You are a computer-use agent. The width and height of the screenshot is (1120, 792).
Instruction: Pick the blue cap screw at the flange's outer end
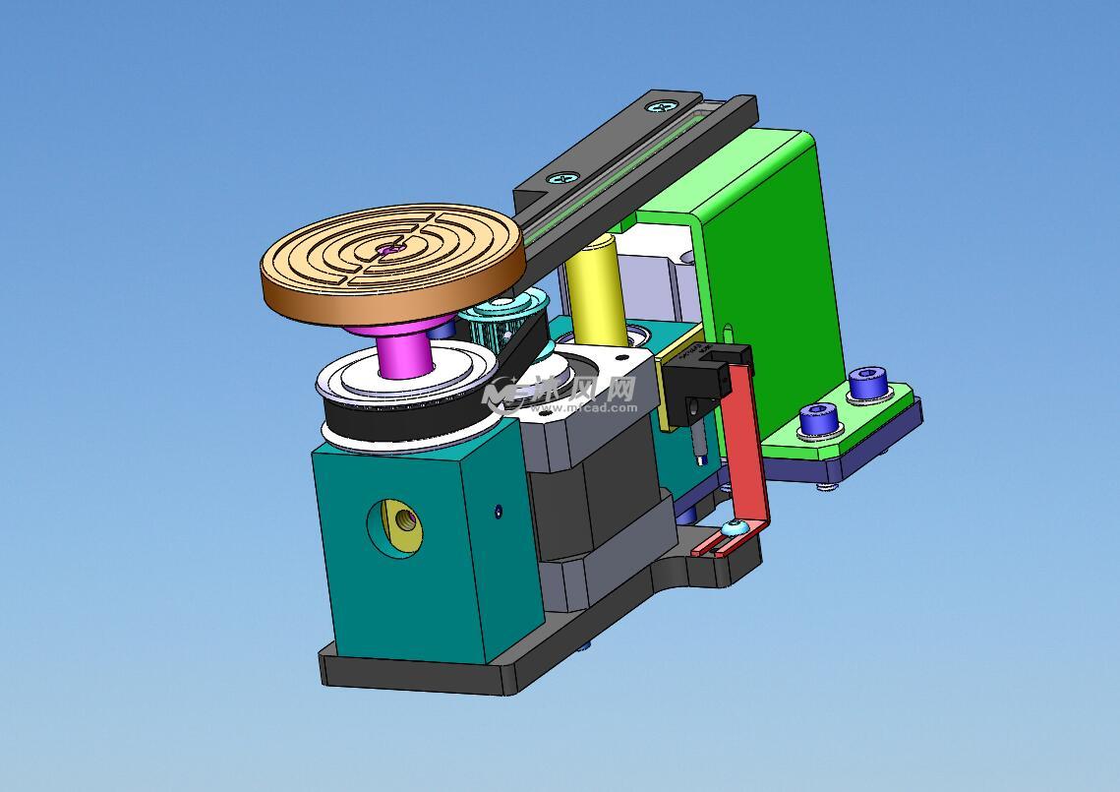tap(868, 382)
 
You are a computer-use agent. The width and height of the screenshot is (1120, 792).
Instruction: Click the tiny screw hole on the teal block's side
tap(498, 510)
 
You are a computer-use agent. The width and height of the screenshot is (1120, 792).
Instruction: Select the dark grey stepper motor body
tap(590, 502)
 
